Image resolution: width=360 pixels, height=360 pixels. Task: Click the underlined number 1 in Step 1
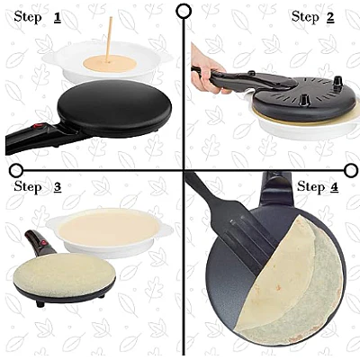click(58, 17)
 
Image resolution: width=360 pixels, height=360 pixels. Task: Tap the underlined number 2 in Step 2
click(330, 17)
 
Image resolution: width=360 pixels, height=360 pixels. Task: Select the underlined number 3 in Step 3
click(58, 187)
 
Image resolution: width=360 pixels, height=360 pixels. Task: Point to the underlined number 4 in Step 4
click(334, 187)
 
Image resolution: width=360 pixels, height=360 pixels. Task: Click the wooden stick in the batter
click(109, 40)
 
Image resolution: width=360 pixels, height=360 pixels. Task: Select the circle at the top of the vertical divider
click(184, 12)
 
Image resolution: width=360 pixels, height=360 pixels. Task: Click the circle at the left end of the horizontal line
click(16, 170)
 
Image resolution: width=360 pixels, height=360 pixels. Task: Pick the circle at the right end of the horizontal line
click(350, 170)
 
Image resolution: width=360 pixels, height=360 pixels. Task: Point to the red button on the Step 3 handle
click(44, 242)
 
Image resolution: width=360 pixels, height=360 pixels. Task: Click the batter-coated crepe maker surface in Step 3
click(65, 274)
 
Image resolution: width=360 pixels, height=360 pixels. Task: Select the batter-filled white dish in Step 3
click(110, 231)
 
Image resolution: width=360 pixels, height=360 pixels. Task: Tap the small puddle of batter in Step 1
click(111, 64)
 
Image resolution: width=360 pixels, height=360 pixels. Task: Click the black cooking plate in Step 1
click(114, 108)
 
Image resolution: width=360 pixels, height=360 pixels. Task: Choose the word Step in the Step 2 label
click(305, 17)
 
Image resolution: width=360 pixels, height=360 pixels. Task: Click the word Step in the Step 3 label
click(28, 187)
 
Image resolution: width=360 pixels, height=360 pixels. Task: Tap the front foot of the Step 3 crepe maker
click(40, 303)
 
